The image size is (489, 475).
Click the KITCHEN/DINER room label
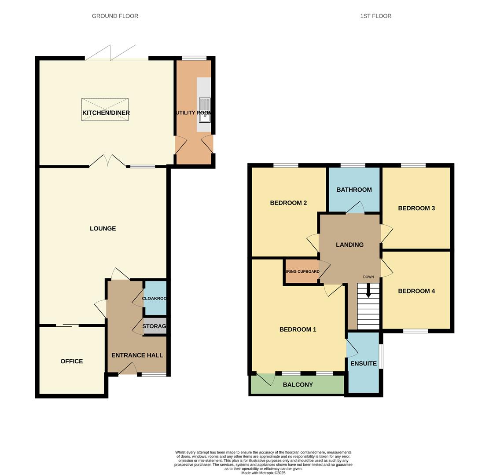pyautogui.click(x=106, y=113)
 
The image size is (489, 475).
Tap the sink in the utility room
pyautogui.click(x=205, y=110)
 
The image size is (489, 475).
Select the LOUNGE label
pyautogui.click(x=103, y=229)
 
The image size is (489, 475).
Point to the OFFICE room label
pyautogui.click(x=71, y=362)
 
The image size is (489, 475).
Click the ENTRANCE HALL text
pyautogui.click(x=137, y=355)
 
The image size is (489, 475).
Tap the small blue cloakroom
pyautogui.click(x=155, y=298)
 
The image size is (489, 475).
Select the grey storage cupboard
pyautogui.click(x=154, y=326)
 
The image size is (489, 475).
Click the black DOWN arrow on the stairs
pyautogui.click(x=368, y=290)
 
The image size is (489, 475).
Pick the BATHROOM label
pyautogui.click(x=354, y=190)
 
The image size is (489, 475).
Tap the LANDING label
pyautogui.click(x=349, y=245)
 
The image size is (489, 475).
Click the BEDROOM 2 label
pyautogui.click(x=288, y=203)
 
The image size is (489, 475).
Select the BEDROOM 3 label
pyautogui.click(x=416, y=208)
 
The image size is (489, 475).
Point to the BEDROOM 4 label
pyautogui.click(x=416, y=291)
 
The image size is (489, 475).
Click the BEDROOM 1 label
pyautogui.click(x=298, y=329)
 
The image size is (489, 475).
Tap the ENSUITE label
pyautogui.click(x=363, y=364)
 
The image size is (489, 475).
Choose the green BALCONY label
pyautogui.click(x=298, y=385)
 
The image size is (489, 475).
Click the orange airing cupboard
pyautogui.click(x=302, y=272)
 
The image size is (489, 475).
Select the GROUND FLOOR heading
pyautogui.click(x=115, y=16)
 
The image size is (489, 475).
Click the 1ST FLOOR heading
pyautogui.click(x=375, y=16)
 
